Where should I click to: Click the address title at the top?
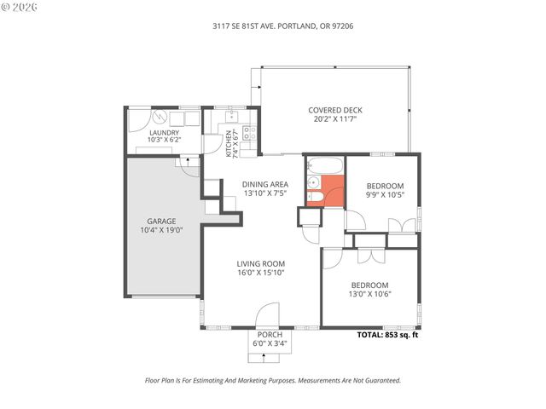(270, 26)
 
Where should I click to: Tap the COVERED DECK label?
(336, 110)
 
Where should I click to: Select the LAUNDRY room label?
(164, 133)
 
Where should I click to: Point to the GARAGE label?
(161, 221)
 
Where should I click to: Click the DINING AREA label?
(264, 184)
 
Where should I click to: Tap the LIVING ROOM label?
(261, 263)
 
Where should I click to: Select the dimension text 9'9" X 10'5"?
(385, 194)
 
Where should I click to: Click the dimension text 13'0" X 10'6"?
(369, 294)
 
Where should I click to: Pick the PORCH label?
(270, 335)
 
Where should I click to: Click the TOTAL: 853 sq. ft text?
(387, 335)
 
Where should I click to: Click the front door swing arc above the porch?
(269, 313)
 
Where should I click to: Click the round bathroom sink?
(314, 182)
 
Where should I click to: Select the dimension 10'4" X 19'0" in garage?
(161, 230)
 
